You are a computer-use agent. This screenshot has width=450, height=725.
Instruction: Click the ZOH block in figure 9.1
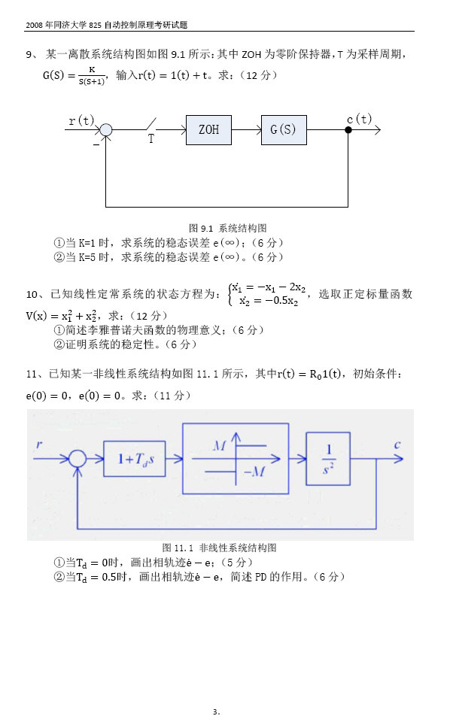(x=208, y=130)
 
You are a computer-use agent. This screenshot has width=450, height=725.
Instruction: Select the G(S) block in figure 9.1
(x=284, y=130)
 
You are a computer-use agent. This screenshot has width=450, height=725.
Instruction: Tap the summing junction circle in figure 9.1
(x=106, y=130)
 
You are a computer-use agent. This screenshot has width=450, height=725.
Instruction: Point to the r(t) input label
(x=81, y=120)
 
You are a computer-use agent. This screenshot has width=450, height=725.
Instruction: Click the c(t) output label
(x=359, y=119)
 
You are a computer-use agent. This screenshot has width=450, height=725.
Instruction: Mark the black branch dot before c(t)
(x=348, y=130)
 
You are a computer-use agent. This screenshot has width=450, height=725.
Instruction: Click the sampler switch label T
(x=151, y=139)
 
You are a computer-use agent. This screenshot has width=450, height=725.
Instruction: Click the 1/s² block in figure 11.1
(x=327, y=459)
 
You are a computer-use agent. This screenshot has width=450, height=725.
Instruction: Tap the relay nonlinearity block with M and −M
(x=235, y=458)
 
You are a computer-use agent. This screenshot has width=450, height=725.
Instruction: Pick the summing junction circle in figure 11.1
(x=78, y=459)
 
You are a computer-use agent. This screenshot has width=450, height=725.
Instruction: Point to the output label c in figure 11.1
(x=397, y=444)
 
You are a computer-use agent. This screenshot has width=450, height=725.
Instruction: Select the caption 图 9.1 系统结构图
(x=227, y=227)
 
